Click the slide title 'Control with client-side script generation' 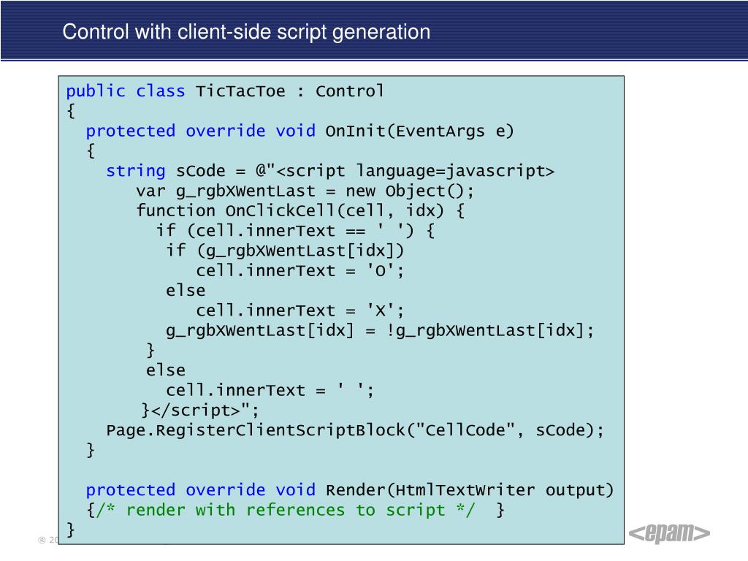246,32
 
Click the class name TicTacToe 240,91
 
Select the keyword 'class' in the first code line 161,91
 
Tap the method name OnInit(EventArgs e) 419,131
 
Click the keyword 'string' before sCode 136,171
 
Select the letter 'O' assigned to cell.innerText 379,270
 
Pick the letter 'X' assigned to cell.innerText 379,310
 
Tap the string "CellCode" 465,430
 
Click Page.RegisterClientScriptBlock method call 256,430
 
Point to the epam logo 669,534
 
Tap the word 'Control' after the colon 350,91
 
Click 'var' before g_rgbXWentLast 150,191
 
